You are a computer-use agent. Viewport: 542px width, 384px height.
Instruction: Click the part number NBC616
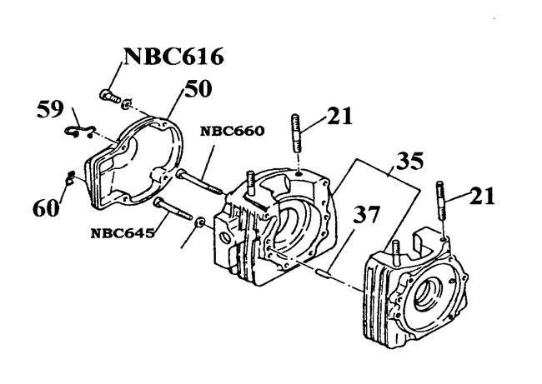[173, 57]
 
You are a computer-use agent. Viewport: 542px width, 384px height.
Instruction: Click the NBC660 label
[231, 131]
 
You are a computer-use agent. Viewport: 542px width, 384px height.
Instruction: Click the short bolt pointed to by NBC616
[108, 96]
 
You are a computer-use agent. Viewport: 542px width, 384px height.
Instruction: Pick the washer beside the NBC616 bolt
[125, 106]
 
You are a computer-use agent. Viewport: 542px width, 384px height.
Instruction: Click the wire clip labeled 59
[78, 129]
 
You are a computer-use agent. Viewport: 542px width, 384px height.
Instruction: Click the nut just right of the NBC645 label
[199, 227]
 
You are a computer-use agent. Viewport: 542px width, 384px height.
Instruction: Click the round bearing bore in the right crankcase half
[429, 292]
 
